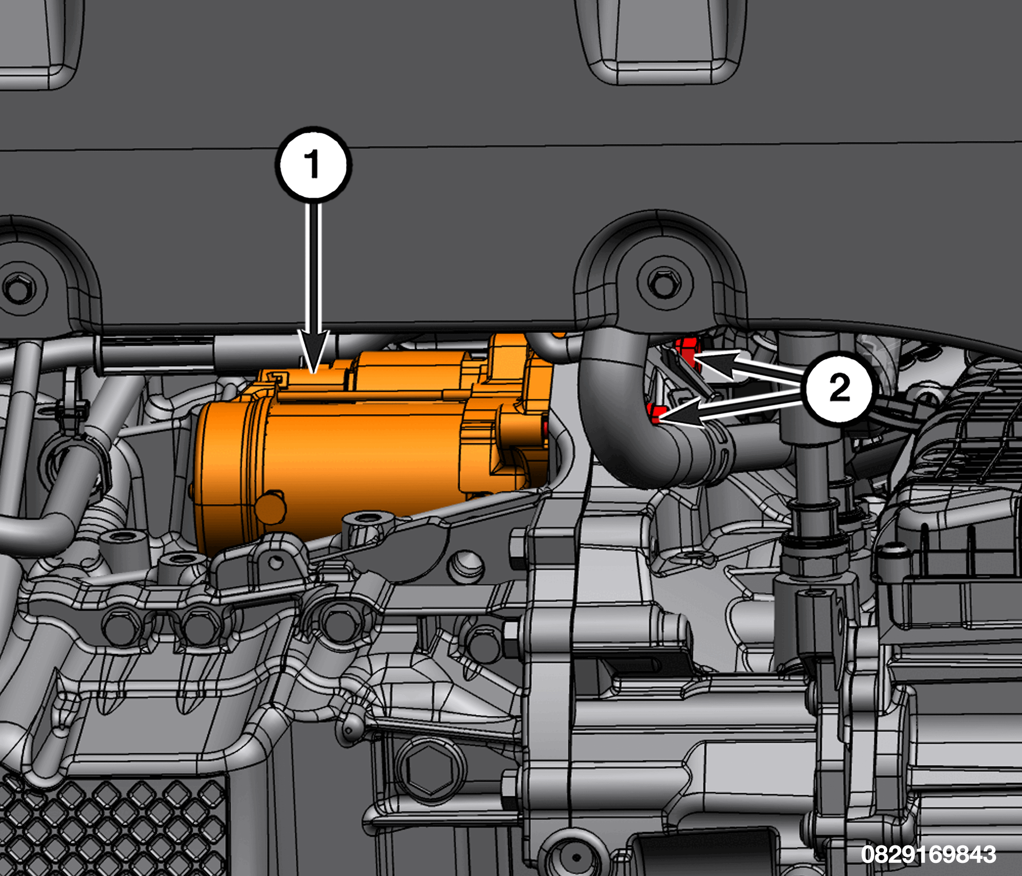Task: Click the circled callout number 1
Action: pyautogui.click(x=313, y=164)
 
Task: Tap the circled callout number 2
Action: pyautogui.click(x=839, y=387)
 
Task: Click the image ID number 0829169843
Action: pyautogui.click(x=928, y=854)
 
